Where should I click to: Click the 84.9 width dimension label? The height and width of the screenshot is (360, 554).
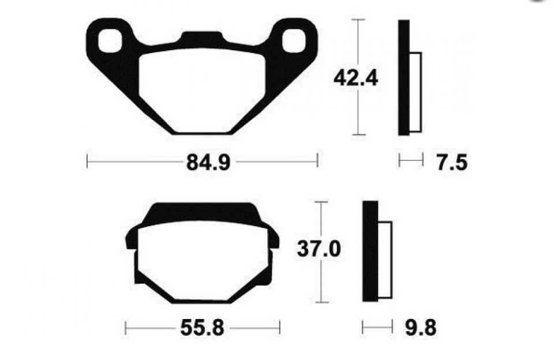(x=208, y=163)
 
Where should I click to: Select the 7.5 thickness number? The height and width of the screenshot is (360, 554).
(x=452, y=163)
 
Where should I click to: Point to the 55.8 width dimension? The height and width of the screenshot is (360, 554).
(x=202, y=328)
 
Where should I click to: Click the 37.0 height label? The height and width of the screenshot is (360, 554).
(x=319, y=249)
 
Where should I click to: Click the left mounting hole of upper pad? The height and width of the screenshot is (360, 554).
(x=110, y=41)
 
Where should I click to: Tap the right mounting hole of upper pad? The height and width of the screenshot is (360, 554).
(x=294, y=41)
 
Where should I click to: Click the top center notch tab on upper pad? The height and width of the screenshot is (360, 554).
(x=202, y=37)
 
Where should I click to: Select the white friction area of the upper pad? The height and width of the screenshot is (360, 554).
(x=202, y=91)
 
